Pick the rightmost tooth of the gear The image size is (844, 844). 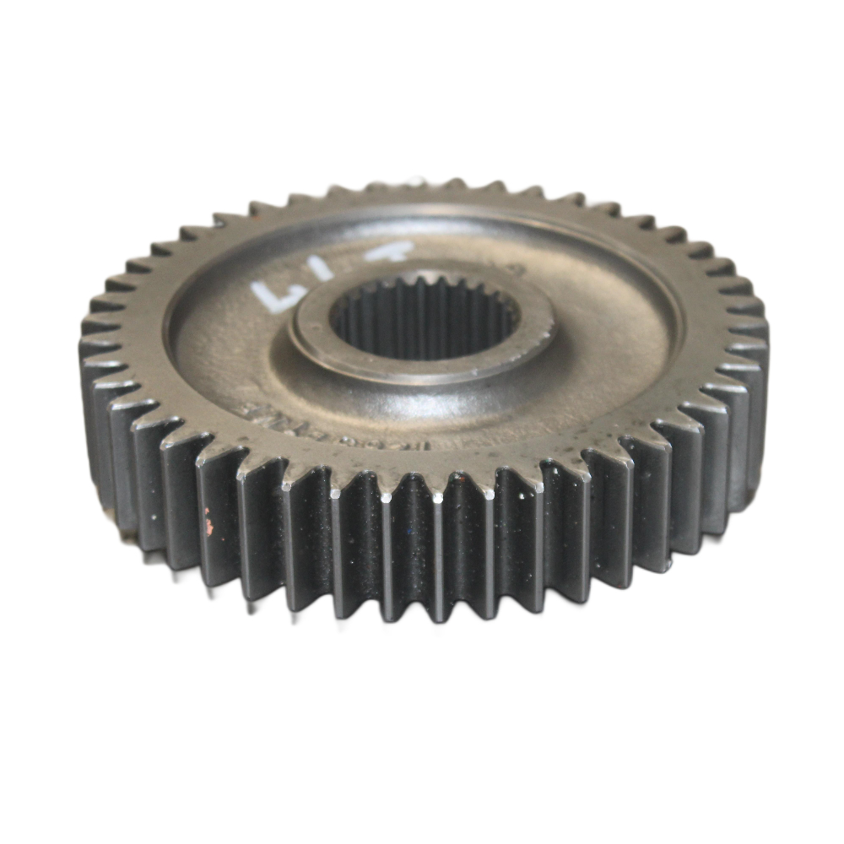click(760, 354)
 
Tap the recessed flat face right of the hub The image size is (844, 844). click(608, 329)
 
